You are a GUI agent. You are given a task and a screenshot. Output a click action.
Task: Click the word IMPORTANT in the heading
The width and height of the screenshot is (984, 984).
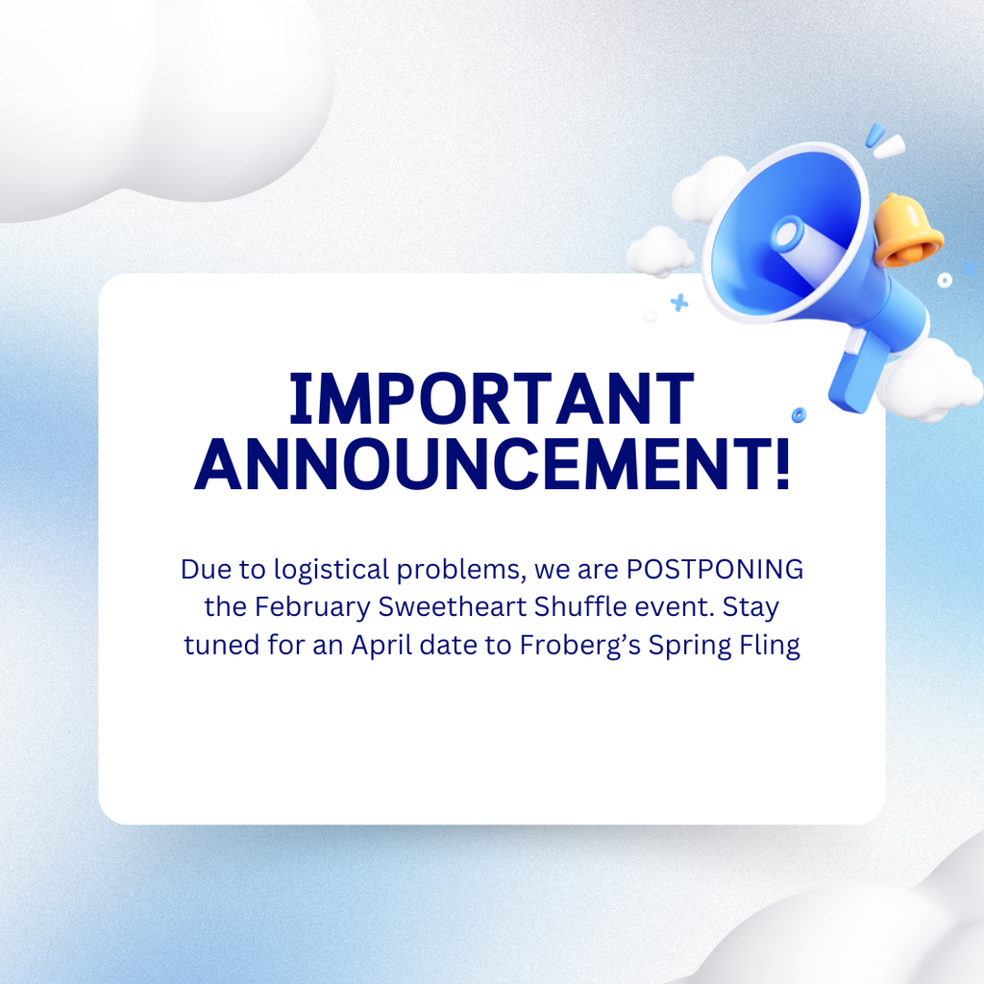click(x=491, y=399)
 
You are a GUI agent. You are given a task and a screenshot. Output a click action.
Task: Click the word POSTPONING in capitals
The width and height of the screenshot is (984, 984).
click(x=715, y=569)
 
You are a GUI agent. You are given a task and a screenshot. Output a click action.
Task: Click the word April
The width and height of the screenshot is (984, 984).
click(x=381, y=644)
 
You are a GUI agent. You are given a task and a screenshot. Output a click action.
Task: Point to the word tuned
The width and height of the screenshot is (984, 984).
click(x=221, y=644)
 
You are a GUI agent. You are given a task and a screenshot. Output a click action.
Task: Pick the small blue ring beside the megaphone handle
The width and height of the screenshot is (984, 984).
click(x=799, y=414)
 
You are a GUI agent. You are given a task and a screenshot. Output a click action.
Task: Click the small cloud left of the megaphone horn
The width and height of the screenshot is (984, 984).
click(x=660, y=252)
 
